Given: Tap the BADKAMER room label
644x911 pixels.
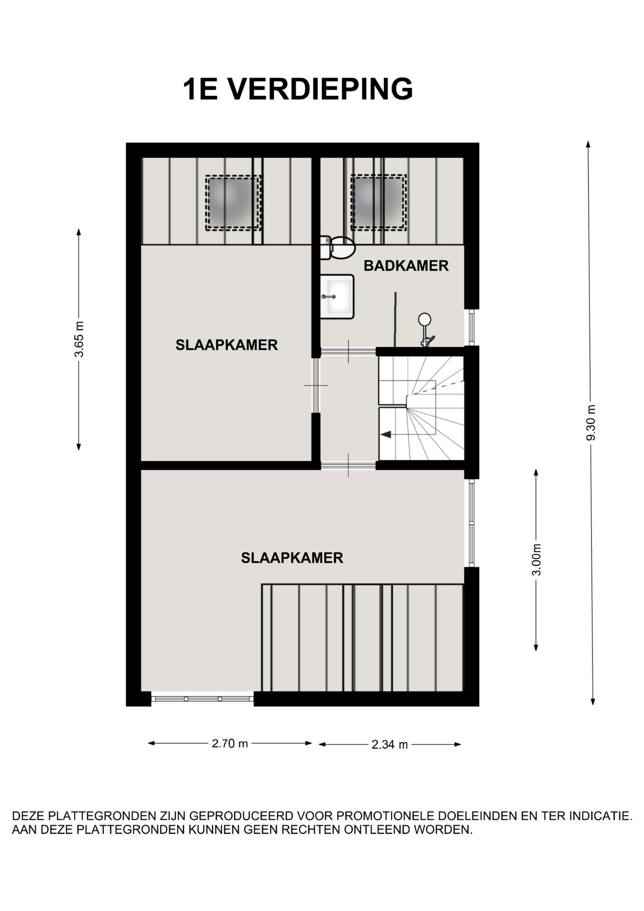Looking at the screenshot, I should click(406, 266).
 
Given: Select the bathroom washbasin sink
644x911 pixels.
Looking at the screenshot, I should click(337, 297).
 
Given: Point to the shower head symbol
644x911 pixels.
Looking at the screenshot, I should click(424, 319).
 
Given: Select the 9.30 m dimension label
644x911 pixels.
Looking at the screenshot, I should click(591, 423).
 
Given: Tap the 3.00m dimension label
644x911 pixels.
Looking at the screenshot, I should click(536, 559).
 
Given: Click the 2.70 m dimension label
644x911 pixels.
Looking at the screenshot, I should click(230, 744).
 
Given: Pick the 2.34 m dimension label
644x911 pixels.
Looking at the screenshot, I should click(389, 744).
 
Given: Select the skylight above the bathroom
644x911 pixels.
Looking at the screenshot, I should click(378, 203).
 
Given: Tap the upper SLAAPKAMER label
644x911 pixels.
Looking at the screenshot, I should click(227, 345).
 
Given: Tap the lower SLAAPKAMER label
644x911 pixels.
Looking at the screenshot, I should click(292, 558).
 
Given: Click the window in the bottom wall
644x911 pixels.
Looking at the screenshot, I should click(202, 698).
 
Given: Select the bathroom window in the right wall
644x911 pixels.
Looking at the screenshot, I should click(471, 327).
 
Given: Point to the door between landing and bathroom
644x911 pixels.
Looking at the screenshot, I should click(349, 352).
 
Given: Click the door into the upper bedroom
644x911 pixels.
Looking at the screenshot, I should click(316, 385).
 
